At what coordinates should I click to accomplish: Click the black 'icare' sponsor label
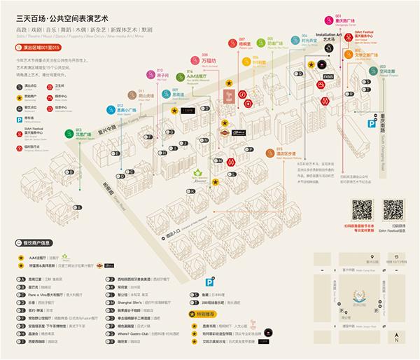tap(187, 111)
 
